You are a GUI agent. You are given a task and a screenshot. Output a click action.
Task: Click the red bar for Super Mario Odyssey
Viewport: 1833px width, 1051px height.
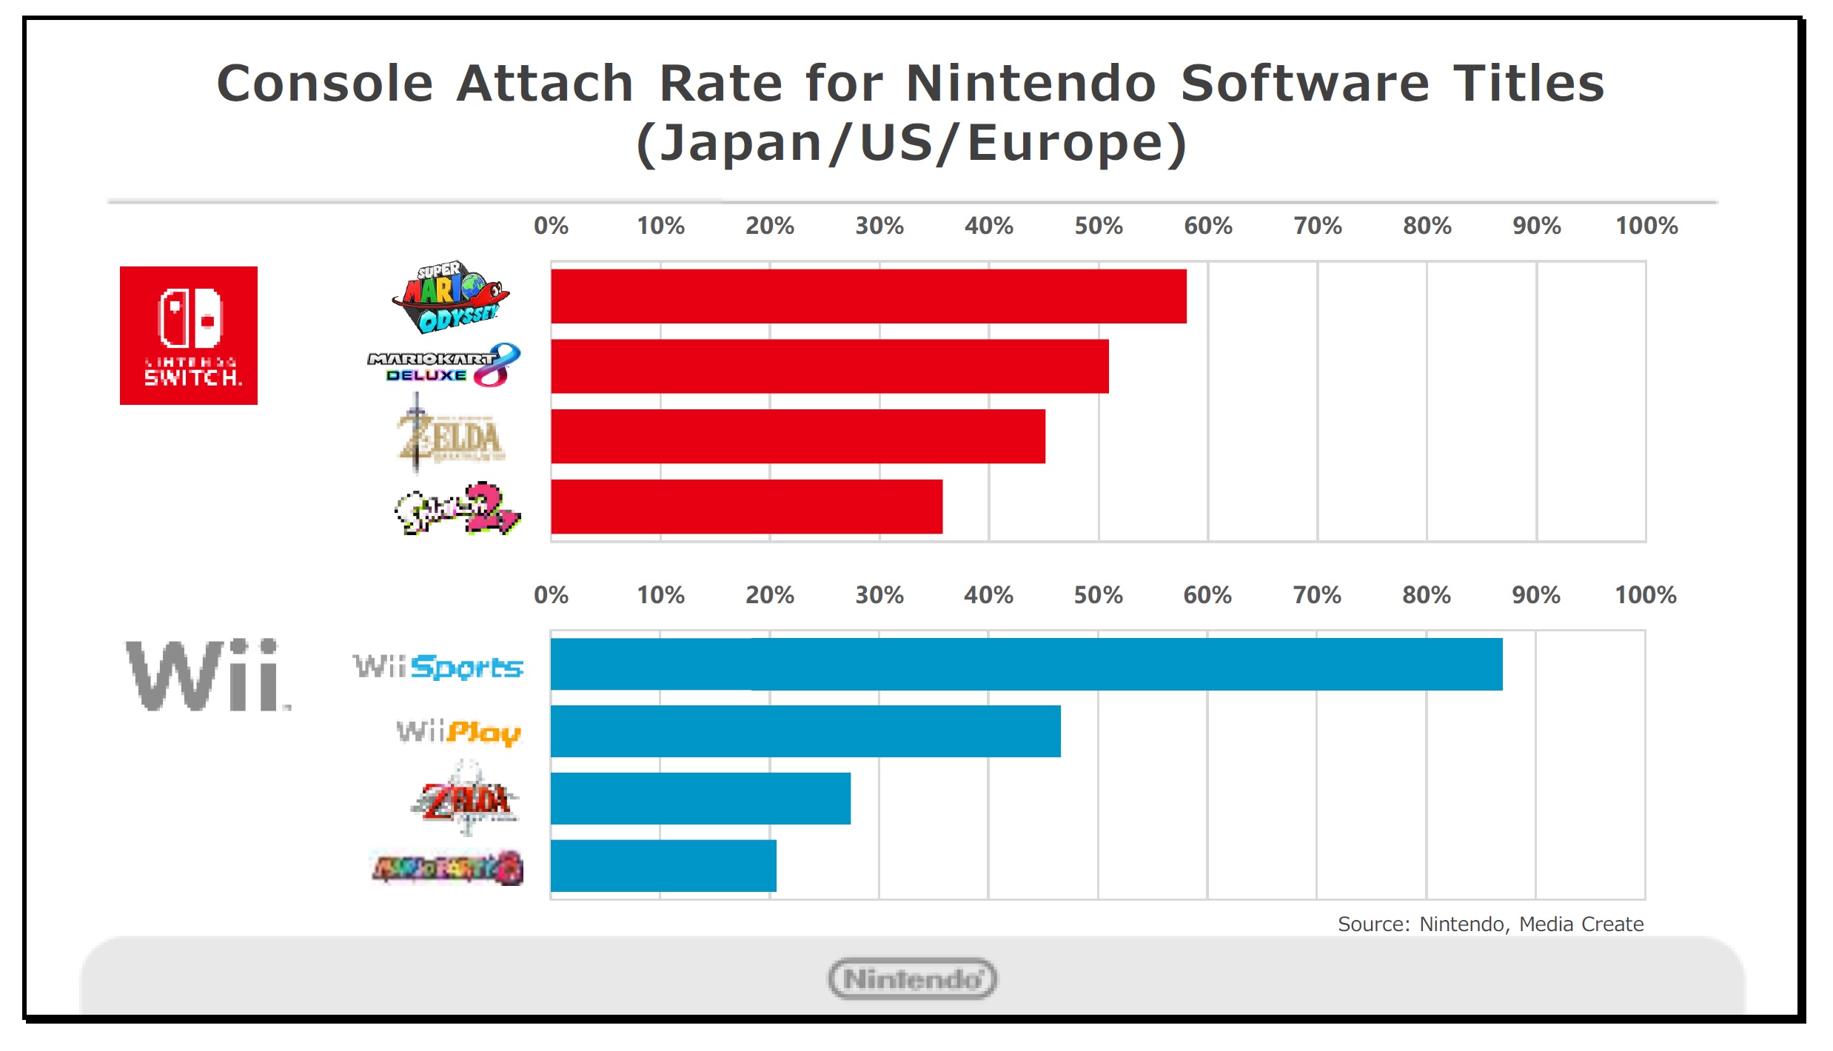(868, 296)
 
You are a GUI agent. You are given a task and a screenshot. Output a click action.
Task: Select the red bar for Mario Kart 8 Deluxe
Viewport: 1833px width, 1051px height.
(829, 366)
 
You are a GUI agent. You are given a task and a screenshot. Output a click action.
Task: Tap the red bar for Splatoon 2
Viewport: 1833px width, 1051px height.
(746, 507)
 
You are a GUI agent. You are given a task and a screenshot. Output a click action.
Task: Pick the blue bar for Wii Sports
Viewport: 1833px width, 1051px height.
(1026, 664)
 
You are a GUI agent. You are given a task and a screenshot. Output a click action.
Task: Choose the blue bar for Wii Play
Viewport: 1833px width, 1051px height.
(805, 731)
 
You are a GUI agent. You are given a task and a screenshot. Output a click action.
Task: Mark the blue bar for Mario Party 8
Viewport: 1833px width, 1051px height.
(663, 865)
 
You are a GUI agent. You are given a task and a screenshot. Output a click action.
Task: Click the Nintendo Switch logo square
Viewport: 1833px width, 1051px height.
(189, 335)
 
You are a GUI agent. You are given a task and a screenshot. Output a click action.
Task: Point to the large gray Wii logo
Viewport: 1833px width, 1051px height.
(207, 675)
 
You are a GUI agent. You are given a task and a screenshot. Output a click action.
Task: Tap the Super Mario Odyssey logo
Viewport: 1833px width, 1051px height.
(450, 296)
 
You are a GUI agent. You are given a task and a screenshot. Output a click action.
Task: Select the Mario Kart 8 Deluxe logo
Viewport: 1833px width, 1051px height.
(444, 366)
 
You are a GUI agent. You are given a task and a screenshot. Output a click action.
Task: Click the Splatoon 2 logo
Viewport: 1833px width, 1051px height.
(458, 508)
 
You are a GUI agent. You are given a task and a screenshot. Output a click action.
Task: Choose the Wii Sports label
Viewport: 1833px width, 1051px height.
(438, 667)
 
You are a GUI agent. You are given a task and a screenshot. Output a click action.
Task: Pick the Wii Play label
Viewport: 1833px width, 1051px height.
(459, 732)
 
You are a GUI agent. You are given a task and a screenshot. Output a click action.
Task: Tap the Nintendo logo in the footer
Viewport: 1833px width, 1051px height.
(912, 978)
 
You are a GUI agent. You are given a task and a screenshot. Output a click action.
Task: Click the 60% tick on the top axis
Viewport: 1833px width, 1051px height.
(1207, 226)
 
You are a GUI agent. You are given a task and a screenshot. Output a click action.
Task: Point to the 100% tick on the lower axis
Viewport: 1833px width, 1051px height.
(1645, 595)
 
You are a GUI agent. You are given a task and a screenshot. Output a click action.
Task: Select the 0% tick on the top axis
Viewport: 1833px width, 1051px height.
(551, 226)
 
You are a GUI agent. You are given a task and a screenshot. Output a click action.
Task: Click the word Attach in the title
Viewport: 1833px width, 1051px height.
(545, 83)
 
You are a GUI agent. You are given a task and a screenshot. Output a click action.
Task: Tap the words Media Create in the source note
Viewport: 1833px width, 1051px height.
(1581, 924)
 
